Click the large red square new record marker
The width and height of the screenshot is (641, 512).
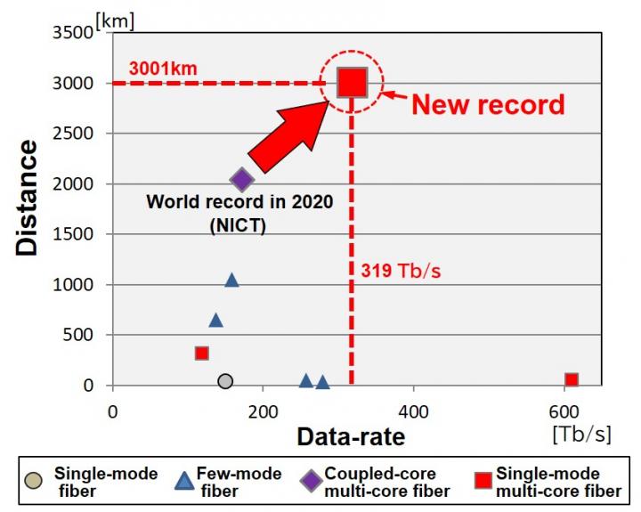[352, 83]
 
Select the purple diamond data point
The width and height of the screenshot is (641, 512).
[242, 181]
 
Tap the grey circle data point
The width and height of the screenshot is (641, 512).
[225, 381]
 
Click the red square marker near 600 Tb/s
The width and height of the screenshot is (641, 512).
[572, 380]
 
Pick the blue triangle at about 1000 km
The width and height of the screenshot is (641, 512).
[231, 280]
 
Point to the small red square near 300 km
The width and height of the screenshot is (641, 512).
[202, 354]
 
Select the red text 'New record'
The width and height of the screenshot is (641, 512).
[487, 104]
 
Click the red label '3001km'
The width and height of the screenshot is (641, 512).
[162, 68]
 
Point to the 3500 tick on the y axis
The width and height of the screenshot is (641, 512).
[75, 34]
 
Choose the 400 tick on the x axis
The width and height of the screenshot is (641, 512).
[411, 412]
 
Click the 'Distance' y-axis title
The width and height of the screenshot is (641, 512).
[28, 197]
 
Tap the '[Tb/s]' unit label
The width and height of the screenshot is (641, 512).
[581, 434]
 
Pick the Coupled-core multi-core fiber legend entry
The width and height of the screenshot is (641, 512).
[374, 482]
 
